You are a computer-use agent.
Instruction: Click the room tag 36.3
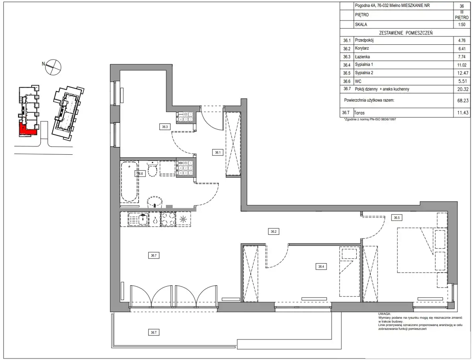165,127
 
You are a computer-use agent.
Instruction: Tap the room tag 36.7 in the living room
154,256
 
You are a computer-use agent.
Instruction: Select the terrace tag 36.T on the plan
154,332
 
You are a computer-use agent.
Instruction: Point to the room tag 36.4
321,267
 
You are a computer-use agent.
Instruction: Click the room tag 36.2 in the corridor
273,232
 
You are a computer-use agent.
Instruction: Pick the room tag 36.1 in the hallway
218,152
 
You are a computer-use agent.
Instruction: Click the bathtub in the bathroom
129,182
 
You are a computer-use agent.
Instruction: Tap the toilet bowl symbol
153,169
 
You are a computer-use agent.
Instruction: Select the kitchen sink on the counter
138,219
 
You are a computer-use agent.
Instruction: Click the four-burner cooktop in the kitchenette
168,219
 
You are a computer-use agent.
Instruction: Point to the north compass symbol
53,67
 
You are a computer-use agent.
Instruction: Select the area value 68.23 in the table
463,100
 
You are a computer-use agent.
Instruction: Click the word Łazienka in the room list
362,57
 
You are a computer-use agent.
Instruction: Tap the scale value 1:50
462,24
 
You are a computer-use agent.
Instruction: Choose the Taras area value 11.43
463,113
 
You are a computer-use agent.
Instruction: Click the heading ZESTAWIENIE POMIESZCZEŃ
406,33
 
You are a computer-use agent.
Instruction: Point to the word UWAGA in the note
384,314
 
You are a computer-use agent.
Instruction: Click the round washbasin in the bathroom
155,202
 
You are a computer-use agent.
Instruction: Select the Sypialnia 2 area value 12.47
463,73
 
